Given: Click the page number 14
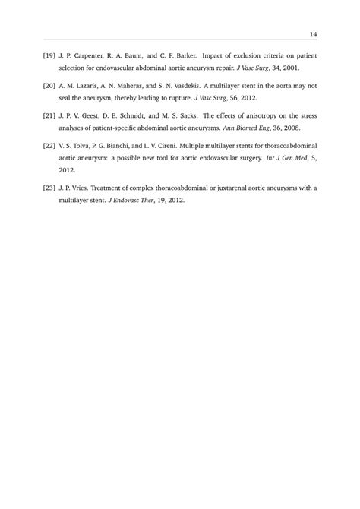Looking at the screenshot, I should [x=312, y=33].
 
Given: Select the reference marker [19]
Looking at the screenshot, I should [x=50, y=56].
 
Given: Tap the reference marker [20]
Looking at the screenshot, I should [x=50, y=86].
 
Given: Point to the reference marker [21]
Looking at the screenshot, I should [x=50, y=115].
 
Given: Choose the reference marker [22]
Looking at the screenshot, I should [x=50, y=144].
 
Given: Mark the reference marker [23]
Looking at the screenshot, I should [x=50, y=187].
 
